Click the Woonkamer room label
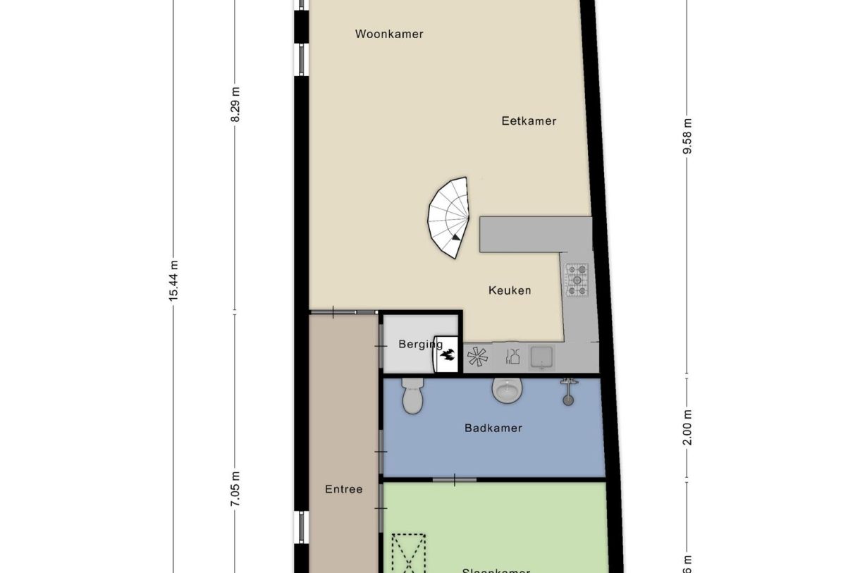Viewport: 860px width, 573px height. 389,34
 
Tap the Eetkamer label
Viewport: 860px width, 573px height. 529,121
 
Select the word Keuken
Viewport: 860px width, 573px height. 510,290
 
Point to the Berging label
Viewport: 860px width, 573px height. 420,344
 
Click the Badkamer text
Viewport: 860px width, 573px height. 493,427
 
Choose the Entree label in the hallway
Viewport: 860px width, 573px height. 344,488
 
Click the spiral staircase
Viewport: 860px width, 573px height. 449,216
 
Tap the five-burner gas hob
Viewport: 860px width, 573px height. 577,279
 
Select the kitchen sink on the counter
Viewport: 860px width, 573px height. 541,357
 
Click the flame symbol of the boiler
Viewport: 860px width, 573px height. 448,359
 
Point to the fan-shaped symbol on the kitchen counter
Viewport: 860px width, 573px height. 477,357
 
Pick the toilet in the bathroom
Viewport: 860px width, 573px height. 412,398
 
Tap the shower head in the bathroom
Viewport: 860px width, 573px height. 568,391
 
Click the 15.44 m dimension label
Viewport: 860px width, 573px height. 173,281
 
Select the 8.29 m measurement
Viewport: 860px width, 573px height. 235,104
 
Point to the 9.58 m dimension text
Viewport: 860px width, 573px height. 688,139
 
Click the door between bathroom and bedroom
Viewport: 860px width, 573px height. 454,480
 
